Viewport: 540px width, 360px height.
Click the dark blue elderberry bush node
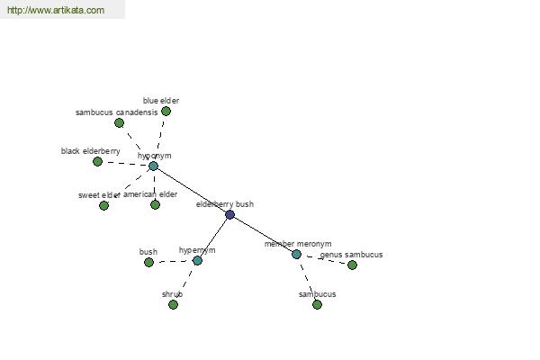[x=229, y=214]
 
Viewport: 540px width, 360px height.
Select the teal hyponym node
[x=153, y=166]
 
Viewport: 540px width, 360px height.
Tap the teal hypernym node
[x=197, y=260]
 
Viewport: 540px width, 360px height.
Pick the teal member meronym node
[x=296, y=255]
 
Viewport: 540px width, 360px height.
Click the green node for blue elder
[x=166, y=112]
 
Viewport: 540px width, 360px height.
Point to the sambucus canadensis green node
[x=119, y=122]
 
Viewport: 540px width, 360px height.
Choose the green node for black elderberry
[x=97, y=161]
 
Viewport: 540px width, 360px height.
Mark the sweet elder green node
[x=103, y=206]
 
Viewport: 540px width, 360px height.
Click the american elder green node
[x=155, y=205]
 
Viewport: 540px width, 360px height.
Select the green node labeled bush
[x=148, y=263]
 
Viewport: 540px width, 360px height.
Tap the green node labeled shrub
[x=173, y=304]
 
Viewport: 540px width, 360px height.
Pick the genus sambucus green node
[x=352, y=265]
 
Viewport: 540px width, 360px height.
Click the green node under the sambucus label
[x=317, y=304]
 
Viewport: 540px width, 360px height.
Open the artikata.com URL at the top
[x=56, y=10]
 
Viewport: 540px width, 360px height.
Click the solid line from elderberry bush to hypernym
[x=213, y=238]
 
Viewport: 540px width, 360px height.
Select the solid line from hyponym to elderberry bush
[x=192, y=191]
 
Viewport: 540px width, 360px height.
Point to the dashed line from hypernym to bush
[x=173, y=262]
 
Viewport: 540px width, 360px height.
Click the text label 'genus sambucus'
[x=351, y=255]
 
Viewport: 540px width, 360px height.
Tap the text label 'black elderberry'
[x=91, y=151]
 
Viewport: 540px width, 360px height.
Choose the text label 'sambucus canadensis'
[x=116, y=112]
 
